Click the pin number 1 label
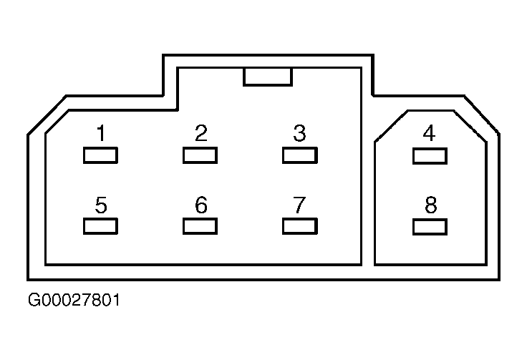coord(101,133)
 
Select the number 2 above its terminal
coord(201,133)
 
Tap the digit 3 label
coord(299,133)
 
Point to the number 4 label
coord(429,133)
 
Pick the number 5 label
coord(101,205)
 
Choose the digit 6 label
coord(201,205)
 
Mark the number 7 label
coord(299,205)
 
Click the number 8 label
coord(430,205)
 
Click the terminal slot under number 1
coord(100,155)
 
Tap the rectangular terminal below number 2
coord(200,155)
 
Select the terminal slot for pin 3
coord(300,155)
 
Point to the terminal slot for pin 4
coord(430,156)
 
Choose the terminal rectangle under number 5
coord(100,226)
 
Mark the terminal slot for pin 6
coord(200,226)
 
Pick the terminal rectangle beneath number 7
coord(300,226)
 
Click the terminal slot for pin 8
coord(430,227)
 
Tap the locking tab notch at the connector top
coord(268,77)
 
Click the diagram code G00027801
coord(74,300)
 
